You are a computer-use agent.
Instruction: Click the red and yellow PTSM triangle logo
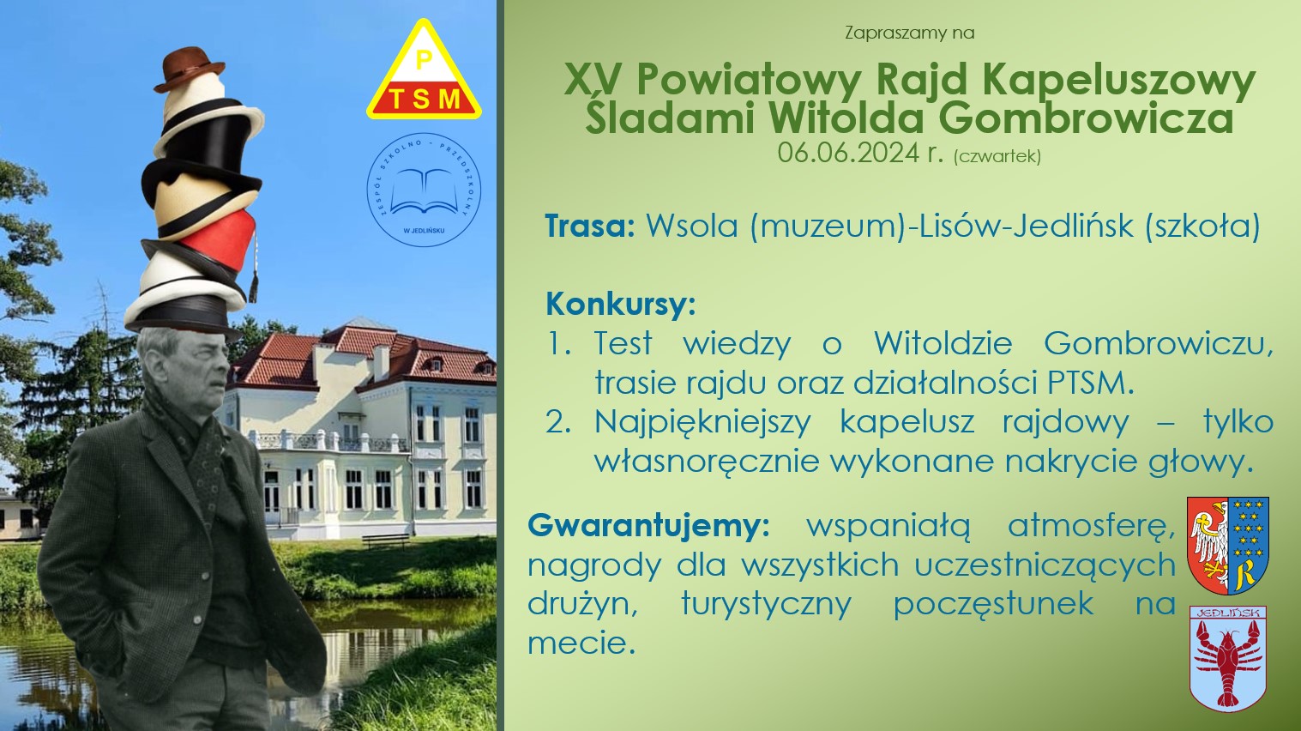coord(424,72)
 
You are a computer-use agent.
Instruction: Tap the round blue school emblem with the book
coord(424,190)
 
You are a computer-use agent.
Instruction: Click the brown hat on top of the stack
coord(189,69)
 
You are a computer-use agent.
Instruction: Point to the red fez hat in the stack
coord(218,239)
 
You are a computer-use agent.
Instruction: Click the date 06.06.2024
coord(848,153)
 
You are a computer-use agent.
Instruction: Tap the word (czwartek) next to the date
coord(997,156)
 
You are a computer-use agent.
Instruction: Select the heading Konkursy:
coord(621,305)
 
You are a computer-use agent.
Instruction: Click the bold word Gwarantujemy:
coord(648,527)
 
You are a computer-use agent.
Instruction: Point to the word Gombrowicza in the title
coord(1086,118)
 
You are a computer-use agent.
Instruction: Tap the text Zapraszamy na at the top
coord(910,33)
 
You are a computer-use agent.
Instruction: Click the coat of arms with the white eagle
coord(1228,545)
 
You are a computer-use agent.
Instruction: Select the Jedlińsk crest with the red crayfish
coord(1228,658)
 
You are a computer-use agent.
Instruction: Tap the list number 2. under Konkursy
coord(559,422)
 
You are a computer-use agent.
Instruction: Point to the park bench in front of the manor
coord(385,541)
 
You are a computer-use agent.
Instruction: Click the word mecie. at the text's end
coord(579,643)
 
